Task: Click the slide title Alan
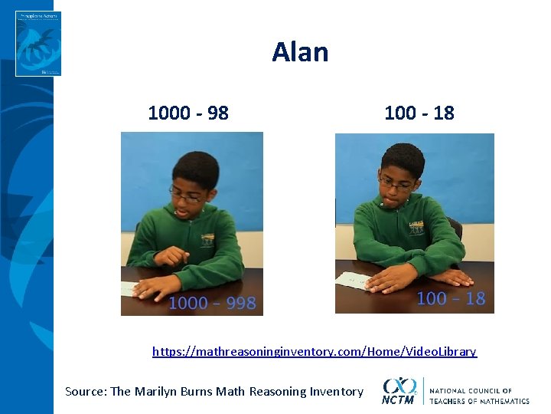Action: coord(300,52)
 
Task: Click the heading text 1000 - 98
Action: coord(188,113)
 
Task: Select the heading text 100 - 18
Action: coord(419,113)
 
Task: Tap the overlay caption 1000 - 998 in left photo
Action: coord(212,304)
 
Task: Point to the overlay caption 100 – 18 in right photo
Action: coord(451,298)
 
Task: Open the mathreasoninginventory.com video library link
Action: coord(314,351)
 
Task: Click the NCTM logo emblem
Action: coord(398,390)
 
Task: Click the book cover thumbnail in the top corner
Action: coord(38,44)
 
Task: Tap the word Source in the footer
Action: coord(85,392)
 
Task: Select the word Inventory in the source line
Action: coord(336,392)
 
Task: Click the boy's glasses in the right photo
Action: coord(396,183)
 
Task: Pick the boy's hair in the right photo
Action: coord(402,158)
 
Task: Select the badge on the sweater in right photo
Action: coord(416,228)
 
